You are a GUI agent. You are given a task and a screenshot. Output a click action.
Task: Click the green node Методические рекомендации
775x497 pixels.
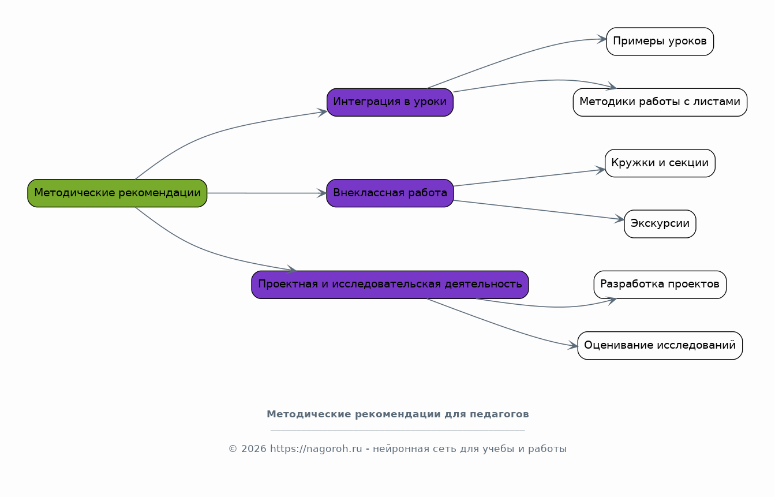(117, 193)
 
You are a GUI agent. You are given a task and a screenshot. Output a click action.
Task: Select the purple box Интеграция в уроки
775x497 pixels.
(390, 102)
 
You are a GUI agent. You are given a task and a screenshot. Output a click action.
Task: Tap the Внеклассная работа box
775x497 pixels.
(390, 193)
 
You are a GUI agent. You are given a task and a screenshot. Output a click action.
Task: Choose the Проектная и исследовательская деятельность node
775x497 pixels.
(390, 285)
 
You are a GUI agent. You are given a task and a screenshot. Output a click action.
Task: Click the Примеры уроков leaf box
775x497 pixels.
(660, 42)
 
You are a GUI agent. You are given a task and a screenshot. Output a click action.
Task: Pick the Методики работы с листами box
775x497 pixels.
(660, 102)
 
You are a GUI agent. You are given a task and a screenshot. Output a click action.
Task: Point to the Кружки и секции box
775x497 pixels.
(660, 163)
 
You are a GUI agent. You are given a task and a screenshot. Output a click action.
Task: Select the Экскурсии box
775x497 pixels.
(660, 224)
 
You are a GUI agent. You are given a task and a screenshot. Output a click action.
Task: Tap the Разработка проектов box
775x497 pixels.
(660, 285)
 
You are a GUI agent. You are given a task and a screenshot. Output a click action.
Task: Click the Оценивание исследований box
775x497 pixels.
(660, 345)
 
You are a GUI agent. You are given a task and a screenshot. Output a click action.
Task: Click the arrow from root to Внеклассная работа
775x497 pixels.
(267, 193)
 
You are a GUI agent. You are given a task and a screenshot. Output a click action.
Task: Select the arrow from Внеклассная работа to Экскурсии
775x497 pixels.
(539, 210)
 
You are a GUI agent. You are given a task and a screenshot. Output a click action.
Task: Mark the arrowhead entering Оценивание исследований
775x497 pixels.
(573, 345)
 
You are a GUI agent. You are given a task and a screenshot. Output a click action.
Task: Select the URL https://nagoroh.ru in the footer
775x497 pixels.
(316, 449)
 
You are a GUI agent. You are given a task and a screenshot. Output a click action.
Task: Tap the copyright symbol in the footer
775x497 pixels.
(233, 449)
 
